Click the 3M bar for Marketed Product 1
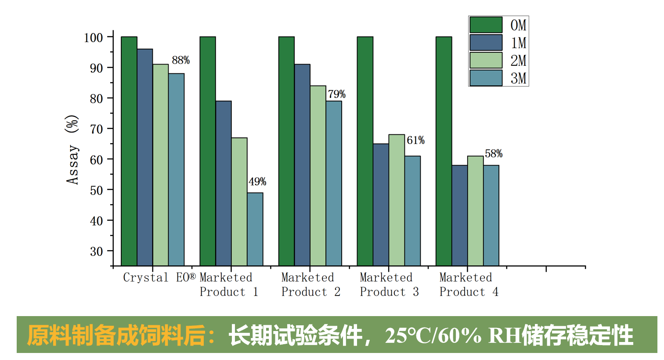point(255,229)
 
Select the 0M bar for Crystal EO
point(129,151)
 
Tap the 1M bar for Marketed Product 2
point(302,165)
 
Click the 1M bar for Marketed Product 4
point(459,216)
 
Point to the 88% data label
point(180,60)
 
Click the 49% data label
point(257,182)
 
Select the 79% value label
point(337,94)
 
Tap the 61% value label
point(415,140)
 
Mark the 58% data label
point(494,154)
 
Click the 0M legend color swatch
point(486,25)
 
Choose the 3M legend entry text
point(518,79)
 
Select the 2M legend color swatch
point(486,61)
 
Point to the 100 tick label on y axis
point(93,38)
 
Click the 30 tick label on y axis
point(96,252)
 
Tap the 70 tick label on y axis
point(96,129)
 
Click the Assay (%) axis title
point(72,149)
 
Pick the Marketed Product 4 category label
point(469,285)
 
